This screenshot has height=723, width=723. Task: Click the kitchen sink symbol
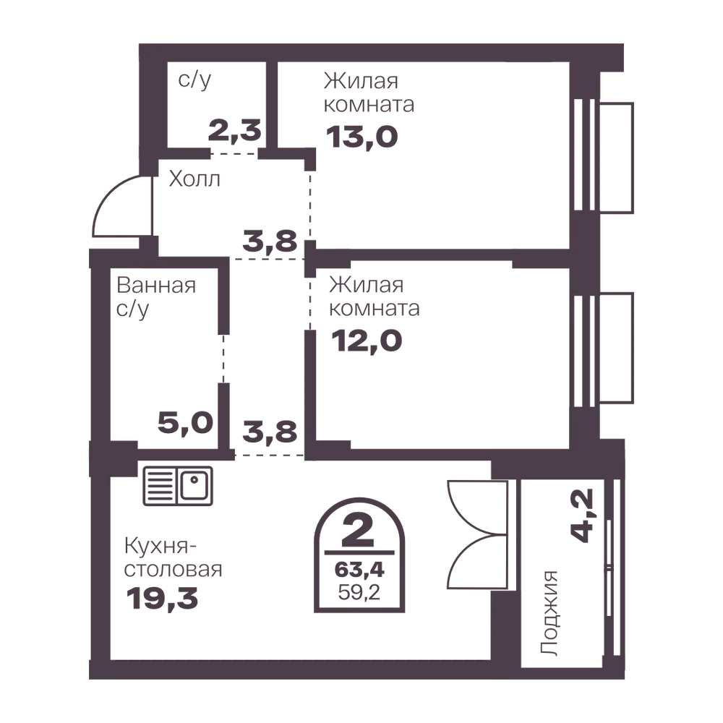point(178,486)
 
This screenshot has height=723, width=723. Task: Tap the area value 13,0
point(362,137)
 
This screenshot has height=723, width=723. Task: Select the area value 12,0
point(367,341)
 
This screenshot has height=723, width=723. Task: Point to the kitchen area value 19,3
point(162,599)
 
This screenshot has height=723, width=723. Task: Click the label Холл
point(194,179)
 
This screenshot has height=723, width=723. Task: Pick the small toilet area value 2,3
point(235,130)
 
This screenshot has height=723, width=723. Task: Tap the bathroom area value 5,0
point(185,423)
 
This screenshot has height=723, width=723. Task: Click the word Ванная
point(156,286)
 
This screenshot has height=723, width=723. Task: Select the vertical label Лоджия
point(549,613)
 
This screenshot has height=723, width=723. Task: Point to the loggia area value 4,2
point(582,515)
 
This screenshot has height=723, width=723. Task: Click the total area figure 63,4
point(359,570)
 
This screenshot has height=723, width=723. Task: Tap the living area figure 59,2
point(359,591)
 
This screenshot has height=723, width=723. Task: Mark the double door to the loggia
point(477,535)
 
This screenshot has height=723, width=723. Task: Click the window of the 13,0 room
point(603,157)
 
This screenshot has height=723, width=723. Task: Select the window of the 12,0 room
point(603,348)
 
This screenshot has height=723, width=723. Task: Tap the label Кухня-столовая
point(173,558)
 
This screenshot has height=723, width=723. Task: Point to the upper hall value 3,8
point(270,241)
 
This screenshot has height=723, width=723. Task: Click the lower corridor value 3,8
point(270,432)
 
